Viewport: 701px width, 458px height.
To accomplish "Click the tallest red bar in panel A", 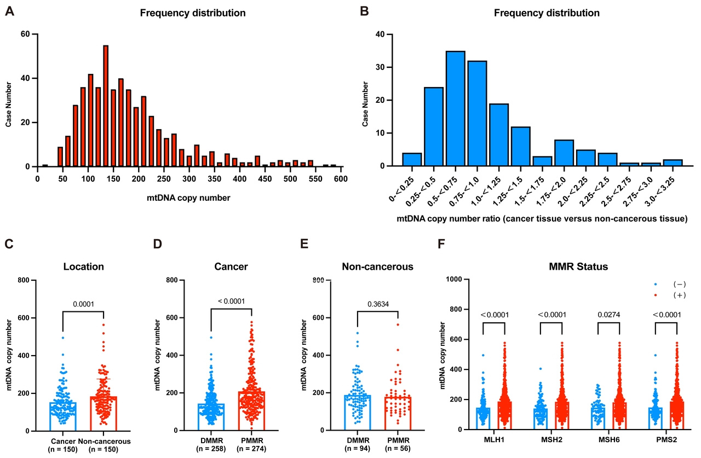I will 106,106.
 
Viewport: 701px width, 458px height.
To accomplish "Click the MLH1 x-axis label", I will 494,441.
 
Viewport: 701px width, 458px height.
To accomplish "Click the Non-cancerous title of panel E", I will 378,266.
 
